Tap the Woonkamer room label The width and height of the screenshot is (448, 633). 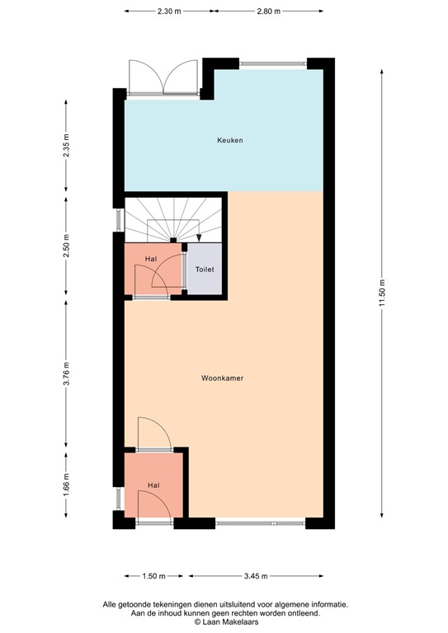pyautogui.click(x=222, y=378)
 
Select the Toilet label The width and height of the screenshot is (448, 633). pyautogui.click(x=204, y=270)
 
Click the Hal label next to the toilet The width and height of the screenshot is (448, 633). pyautogui.click(x=150, y=259)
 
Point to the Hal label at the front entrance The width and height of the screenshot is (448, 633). pyautogui.click(x=154, y=485)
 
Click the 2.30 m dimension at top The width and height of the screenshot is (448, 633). pyautogui.click(x=170, y=12)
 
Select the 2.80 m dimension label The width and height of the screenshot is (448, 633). pyautogui.click(x=268, y=12)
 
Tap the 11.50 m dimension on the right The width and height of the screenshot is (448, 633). pyautogui.click(x=382, y=292)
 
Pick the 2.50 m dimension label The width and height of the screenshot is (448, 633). pyautogui.click(x=65, y=245)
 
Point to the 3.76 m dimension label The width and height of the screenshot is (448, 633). pyautogui.click(x=65, y=374)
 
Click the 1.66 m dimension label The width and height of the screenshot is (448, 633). pyautogui.click(x=65, y=480)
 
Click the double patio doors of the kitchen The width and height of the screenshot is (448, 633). pyautogui.click(x=163, y=80)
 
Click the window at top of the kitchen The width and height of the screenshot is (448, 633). pyautogui.click(x=272, y=63)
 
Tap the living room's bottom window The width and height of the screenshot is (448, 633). pyautogui.click(x=260, y=523)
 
